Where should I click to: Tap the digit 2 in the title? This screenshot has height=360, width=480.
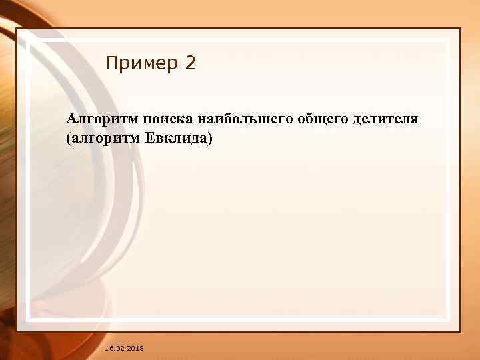pos(191,64)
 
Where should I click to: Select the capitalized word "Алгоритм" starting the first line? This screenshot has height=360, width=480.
pos(95,119)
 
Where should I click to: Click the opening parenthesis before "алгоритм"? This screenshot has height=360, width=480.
pos(69,141)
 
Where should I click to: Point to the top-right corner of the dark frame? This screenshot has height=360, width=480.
pos(460,29)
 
